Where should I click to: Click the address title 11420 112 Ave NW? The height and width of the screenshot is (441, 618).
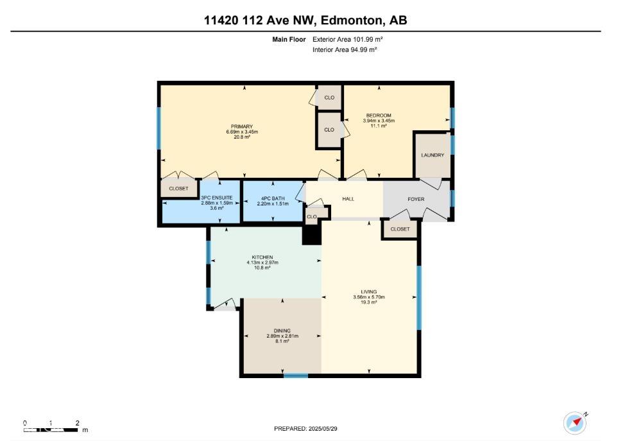point(305,21)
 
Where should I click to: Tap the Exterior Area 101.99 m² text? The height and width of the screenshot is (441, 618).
point(347,39)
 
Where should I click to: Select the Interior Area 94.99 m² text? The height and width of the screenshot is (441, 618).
point(344,49)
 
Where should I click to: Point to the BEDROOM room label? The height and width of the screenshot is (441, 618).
point(378,116)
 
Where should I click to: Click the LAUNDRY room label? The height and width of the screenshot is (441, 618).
point(433,155)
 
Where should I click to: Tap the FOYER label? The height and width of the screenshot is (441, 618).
point(416,199)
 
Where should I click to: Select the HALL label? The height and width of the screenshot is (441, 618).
point(348,199)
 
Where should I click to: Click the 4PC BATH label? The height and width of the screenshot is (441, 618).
point(272,198)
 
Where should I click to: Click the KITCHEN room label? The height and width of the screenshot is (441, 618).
point(262,257)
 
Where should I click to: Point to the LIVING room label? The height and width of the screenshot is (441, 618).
point(369,291)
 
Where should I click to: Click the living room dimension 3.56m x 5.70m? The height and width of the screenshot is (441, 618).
point(369,297)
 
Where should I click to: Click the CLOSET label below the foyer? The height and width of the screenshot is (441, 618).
point(400,229)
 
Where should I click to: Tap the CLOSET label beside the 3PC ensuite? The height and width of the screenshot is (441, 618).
point(178,189)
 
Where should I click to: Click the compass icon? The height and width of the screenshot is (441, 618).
point(574,422)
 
